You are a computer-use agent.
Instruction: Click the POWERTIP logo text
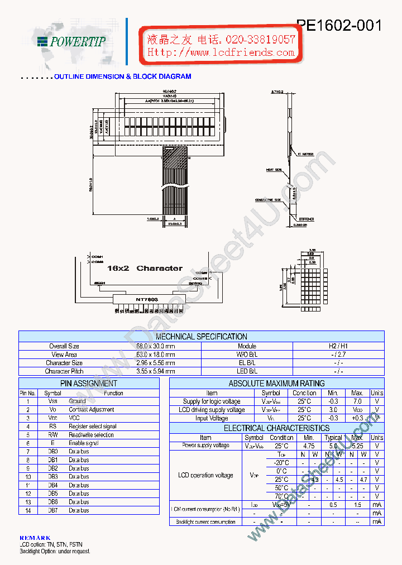click(x=78, y=41)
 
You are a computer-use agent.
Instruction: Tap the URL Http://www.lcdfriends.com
click(x=221, y=52)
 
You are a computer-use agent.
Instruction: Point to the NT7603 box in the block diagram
click(x=147, y=299)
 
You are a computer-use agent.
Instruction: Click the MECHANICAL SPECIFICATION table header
click(x=201, y=337)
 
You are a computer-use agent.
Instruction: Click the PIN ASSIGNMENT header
click(x=89, y=384)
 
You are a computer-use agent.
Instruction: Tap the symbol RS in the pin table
click(x=52, y=427)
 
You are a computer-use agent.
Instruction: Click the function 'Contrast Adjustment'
click(x=92, y=410)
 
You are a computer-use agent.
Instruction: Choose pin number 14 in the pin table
click(x=28, y=510)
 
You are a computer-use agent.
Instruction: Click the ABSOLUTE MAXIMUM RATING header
click(x=276, y=384)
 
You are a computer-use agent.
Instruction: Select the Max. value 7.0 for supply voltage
click(x=357, y=401)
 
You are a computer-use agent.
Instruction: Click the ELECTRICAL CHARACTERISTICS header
click(x=276, y=428)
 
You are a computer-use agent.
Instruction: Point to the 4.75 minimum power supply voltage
click(x=309, y=446)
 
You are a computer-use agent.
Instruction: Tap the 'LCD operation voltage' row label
click(x=205, y=475)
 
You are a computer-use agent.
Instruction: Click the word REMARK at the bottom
click(x=35, y=538)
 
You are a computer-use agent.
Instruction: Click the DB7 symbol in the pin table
click(x=52, y=510)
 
